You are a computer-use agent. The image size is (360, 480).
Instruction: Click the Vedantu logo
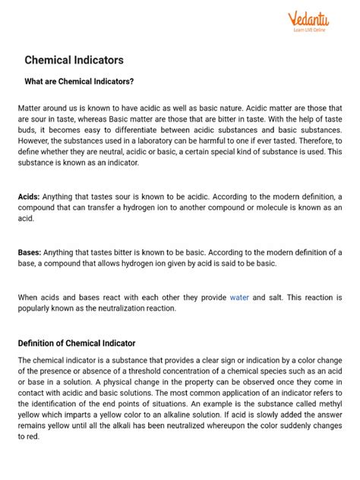307,18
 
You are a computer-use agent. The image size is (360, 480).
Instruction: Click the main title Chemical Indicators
74,59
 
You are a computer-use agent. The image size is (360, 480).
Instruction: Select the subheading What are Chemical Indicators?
79,82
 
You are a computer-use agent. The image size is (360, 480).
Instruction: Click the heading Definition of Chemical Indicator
77,343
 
